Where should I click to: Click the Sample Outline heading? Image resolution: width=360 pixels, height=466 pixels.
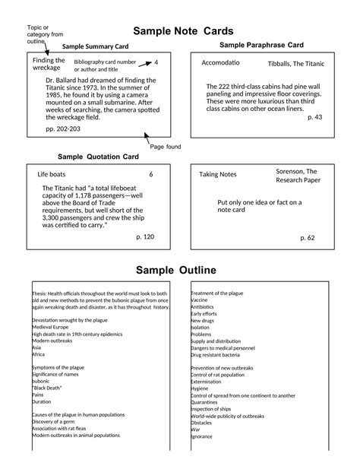(176, 271)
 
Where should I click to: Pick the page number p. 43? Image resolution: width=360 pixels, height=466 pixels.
(314, 117)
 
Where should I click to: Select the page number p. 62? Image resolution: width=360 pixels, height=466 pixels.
(307, 237)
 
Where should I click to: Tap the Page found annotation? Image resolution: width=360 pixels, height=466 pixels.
(165, 146)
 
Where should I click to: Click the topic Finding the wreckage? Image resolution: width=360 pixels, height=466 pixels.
(49, 64)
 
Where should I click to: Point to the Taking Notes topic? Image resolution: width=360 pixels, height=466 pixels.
(217, 175)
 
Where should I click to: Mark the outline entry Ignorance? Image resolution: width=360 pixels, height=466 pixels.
(202, 436)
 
